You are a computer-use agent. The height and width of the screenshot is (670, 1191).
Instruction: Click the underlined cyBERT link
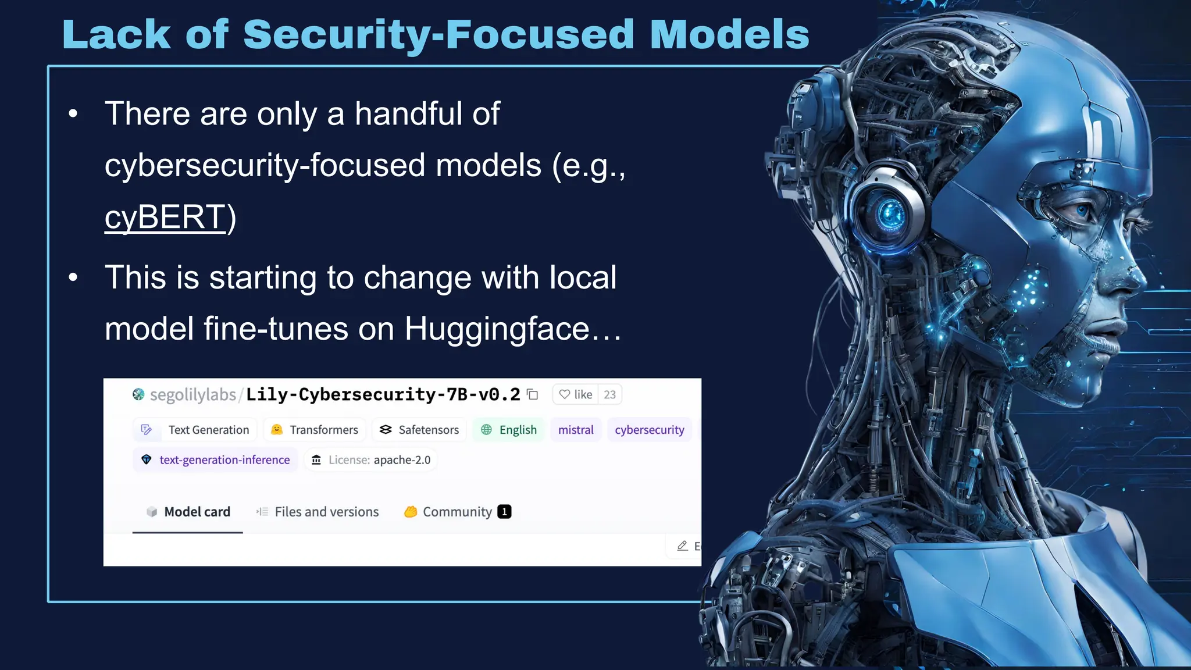coord(165,218)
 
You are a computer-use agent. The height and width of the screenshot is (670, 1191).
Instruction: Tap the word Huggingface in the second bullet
coord(497,329)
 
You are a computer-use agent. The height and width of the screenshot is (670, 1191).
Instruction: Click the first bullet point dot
coord(73,114)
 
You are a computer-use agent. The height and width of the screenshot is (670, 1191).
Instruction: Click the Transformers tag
coord(315,430)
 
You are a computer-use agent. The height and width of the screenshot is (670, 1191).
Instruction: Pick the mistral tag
coord(576,430)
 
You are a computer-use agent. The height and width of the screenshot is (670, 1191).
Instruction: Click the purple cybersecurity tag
coord(649,430)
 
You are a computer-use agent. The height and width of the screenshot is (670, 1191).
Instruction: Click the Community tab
coord(457,512)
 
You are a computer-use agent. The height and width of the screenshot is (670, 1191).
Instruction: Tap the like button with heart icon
coord(575,395)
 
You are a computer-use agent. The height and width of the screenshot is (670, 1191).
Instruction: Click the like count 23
coord(609,395)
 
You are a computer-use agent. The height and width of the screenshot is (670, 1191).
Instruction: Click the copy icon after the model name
coord(532,395)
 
